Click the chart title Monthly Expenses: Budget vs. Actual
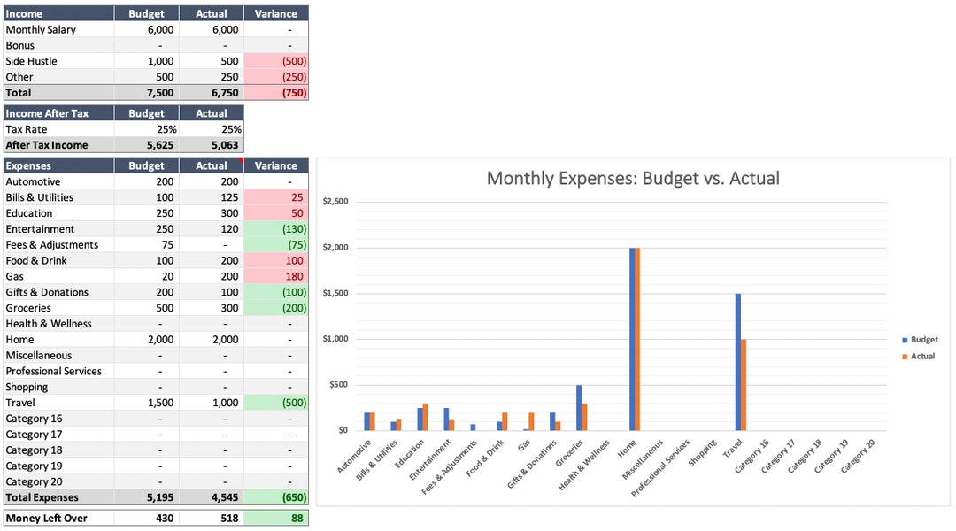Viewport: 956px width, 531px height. point(633,178)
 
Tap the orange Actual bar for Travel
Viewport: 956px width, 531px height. point(744,384)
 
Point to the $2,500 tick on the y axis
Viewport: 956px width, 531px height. point(335,202)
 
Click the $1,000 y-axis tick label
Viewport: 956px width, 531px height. point(335,339)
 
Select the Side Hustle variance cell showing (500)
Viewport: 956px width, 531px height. point(276,61)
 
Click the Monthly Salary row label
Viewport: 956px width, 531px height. point(41,29)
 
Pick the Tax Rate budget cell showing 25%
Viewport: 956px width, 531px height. point(146,129)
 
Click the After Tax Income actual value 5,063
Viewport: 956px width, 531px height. point(211,145)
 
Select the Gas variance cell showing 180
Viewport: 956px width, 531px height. point(276,276)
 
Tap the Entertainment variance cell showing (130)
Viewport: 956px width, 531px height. point(276,228)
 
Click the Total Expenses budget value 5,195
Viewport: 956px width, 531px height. point(146,497)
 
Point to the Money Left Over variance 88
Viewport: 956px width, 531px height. point(276,518)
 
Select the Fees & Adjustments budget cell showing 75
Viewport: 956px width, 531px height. point(146,244)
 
